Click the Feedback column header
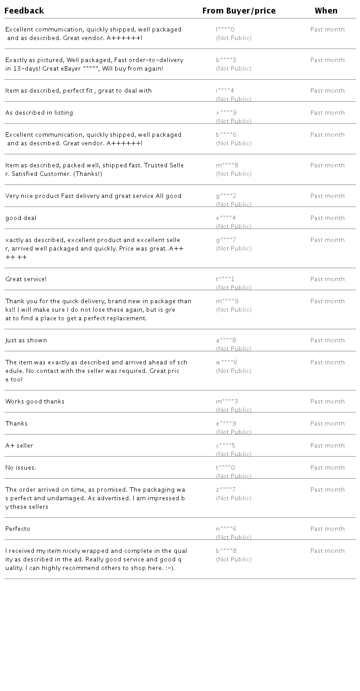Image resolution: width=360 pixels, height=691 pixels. [x=24, y=11]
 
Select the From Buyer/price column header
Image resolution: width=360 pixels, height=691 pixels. [x=239, y=11]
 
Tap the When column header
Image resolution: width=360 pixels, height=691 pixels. [x=326, y=11]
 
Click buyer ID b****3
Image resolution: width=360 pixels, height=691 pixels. [x=226, y=60]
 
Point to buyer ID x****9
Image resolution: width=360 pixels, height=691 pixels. [x=226, y=112]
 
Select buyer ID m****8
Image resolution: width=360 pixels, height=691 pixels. [x=227, y=165]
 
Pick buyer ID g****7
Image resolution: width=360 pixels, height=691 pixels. [x=226, y=240]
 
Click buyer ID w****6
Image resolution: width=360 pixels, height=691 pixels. [x=226, y=362]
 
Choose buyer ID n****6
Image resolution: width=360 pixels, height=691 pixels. [x=226, y=529]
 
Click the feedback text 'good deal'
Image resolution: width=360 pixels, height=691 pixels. [x=21, y=218]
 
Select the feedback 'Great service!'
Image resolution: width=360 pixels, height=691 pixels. [x=26, y=279]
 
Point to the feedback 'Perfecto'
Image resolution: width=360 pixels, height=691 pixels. [x=18, y=529]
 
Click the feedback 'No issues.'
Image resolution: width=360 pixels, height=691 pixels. [x=21, y=468]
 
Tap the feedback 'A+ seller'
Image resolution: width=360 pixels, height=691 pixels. [x=19, y=446]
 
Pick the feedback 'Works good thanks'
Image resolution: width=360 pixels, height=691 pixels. [x=35, y=402]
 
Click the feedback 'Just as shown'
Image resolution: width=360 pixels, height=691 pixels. [x=26, y=341]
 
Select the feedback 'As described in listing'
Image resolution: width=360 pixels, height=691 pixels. [x=39, y=113]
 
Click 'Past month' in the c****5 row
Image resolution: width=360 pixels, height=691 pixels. [x=328, y=445]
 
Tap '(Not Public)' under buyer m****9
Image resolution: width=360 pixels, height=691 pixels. [x=234, y=310]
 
